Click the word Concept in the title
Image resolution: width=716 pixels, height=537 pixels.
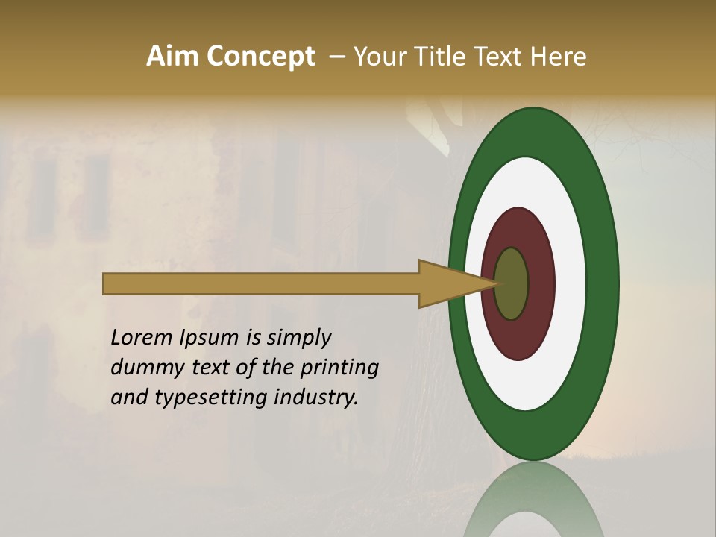260,57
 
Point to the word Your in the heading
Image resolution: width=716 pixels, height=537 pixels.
381,57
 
